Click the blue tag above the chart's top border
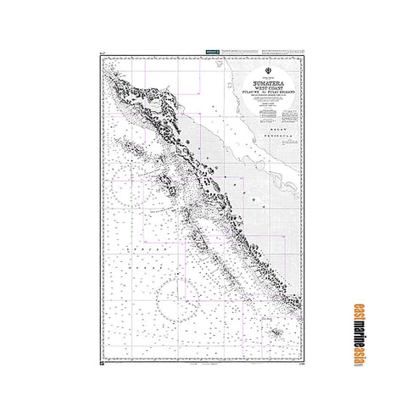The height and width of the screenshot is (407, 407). (x=213, y=53)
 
